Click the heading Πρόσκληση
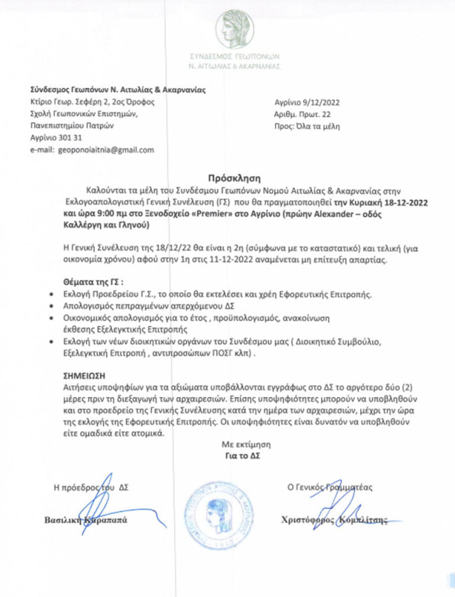point(227,178)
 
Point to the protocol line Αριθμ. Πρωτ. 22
point(301,118)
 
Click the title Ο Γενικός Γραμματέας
point(329,487)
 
